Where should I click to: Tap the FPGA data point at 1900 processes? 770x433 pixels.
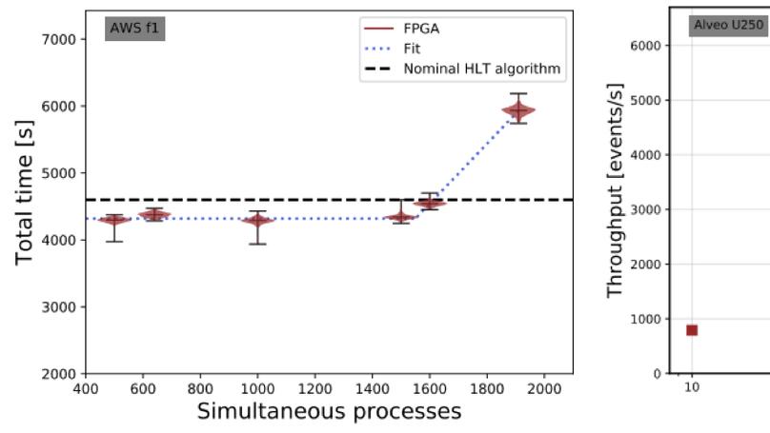click(x=518, y=110)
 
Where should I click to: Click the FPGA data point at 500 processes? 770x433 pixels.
click(x=114, y=221)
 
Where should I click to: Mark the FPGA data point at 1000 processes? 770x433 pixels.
click(x=257, y=221)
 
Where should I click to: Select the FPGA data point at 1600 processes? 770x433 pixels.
click(x=430, y=203)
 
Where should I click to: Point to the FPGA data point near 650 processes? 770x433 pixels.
click(x=154, y=215)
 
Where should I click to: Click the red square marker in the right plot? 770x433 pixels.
click(x=692, y=330)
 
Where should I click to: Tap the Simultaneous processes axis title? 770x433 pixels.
click(x=329, y=412)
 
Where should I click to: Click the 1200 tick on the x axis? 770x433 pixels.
click(x=315, y=388)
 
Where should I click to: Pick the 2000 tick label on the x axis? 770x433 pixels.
click(x=544, y=388)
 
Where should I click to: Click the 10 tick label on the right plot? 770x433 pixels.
click(x=692, y=388)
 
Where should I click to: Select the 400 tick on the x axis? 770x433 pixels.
click(x=86, y=388)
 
